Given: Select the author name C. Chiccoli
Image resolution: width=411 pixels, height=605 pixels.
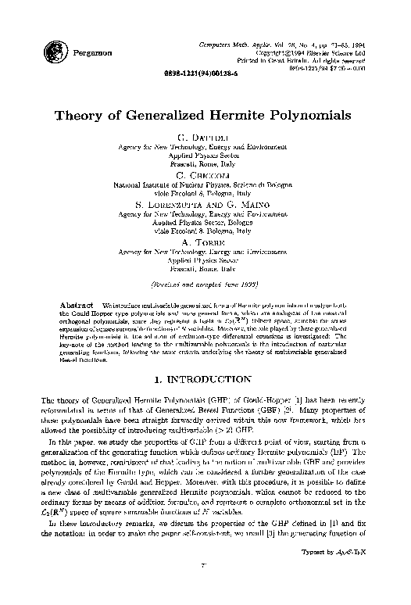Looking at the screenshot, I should [x=205, y=174].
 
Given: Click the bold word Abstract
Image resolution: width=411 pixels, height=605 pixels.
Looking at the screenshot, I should [x=76, y=302].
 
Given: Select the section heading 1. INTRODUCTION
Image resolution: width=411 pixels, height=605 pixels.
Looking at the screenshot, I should [x=205, y=379].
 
